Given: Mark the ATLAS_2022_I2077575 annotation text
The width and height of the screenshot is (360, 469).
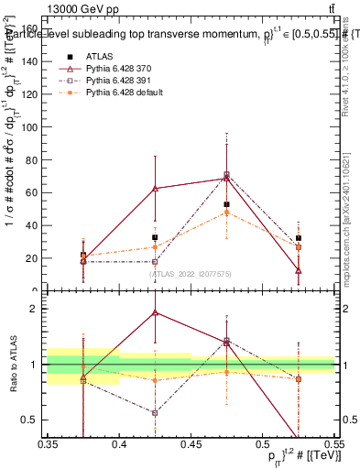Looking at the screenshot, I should (191, 273).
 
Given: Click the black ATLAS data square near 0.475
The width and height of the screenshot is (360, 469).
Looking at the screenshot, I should (226, 204).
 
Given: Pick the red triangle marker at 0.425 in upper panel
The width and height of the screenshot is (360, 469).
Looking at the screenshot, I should (155, 189).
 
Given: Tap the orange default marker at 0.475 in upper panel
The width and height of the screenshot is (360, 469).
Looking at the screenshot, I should (226, 213).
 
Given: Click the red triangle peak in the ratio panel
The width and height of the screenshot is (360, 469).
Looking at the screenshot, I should (155, 312).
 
